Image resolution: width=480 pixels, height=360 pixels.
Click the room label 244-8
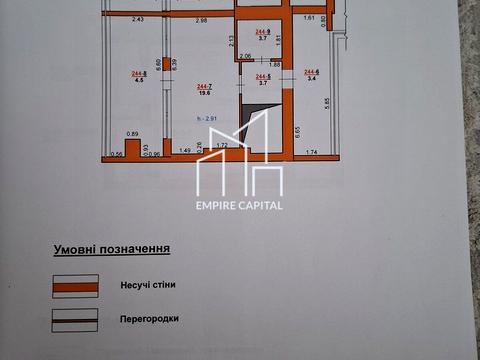(138, 74)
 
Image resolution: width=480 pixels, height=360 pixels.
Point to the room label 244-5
(264, 77)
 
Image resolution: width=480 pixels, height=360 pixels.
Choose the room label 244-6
(311, 71)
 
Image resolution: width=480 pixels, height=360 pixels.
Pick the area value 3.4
(311, 78)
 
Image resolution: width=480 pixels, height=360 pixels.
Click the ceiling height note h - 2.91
(208, 120)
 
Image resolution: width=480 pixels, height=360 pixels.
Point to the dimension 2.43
(138, 20)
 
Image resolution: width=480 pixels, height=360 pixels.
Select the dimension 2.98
(201, 20)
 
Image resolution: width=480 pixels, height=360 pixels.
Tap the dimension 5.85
(326, 101)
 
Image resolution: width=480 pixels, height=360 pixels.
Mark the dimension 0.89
(132, 133)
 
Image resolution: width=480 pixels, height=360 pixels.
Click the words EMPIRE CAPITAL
(239, 205)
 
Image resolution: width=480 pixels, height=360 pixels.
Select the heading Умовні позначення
(111, 248)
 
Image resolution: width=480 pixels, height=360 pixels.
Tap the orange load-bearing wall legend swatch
(74, 285)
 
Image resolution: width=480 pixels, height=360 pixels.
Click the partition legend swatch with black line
(74, 320)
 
